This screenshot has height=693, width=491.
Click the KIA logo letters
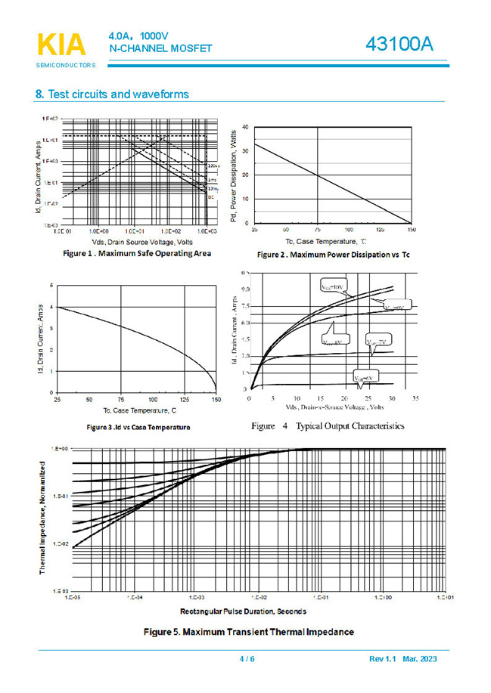tap(61, 45)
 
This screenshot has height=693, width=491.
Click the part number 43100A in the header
tap(399, 45)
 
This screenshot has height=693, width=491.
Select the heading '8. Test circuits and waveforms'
tap(112, 94)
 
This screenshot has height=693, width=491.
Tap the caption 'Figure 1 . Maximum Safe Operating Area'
tap(137, 253)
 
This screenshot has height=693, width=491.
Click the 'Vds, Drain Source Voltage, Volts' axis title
tap(136, 241)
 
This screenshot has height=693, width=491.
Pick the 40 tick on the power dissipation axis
tap(246, 126)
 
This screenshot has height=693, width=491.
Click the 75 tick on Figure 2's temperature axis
tap(317, 229)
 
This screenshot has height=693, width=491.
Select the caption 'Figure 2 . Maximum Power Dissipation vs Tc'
tap(333, 255)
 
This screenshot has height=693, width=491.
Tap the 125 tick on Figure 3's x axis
tap(185, 399)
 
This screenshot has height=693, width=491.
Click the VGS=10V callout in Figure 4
tap(328, 287)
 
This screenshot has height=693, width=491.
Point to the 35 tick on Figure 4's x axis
tap(415, 398)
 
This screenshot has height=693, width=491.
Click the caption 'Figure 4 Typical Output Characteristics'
tap(328, 426)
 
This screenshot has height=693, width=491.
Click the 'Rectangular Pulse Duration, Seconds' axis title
tap(243, 610)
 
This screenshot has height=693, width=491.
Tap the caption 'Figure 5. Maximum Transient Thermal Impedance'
tap(249, 631)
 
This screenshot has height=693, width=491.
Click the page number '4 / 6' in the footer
tap(247, 659)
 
